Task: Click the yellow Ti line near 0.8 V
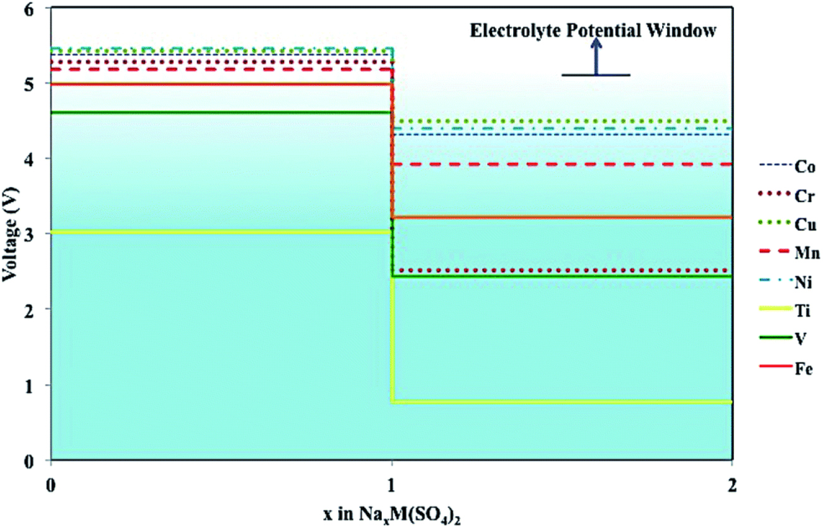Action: click(562, 402)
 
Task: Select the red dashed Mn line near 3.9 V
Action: click(562, 164)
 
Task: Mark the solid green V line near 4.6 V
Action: click(221, 112)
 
